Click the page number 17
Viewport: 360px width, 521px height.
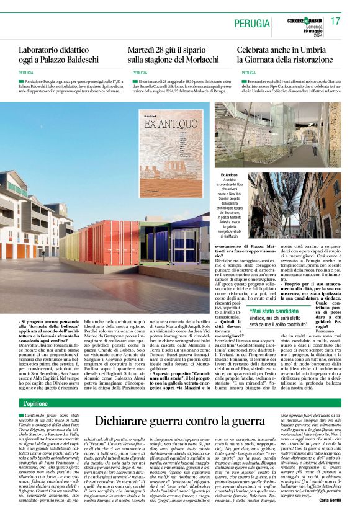(335, 21)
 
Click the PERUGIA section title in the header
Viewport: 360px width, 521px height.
(253, 23)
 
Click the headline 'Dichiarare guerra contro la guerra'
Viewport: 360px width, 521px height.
(180, 423)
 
